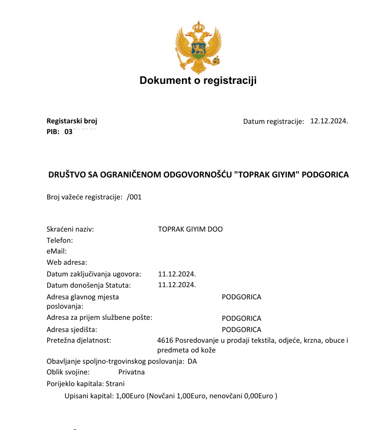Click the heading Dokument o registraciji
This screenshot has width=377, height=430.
[x=198, y=80]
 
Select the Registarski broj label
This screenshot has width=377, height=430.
[x=68, y=121]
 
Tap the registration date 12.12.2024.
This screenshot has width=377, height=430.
[x=329, y=121]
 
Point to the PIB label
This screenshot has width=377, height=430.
[x=53, y=132]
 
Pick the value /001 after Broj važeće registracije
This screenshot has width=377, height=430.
[x=134, y=197]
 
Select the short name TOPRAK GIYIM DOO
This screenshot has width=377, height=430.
[x=190, y=229]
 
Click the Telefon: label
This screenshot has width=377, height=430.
[x=60, y=240]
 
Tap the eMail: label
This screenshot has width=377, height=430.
[x=56, y=251]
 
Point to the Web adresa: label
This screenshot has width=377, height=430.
[x=67, y=262]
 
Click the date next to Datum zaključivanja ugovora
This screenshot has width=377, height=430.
[x=177, y=274]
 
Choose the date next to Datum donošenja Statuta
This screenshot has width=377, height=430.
[x=177, y=285]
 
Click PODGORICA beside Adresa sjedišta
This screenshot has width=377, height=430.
[x=241, y=330]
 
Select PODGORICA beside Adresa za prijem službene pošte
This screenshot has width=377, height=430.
[x=241, y=318]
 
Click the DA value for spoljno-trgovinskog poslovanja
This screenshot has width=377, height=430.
[x=192, y=361]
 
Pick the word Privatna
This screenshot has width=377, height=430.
[x=132, y=372]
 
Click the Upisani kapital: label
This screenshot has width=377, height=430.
[x=89, y=396]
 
